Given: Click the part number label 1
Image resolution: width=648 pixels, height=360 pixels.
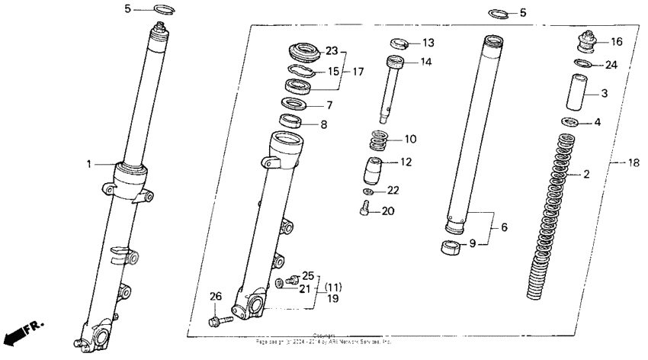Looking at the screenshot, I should (89, 163).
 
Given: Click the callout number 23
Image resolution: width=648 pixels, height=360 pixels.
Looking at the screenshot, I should (331, 51).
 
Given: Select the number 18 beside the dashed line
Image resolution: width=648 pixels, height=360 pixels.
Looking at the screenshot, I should (632, 163).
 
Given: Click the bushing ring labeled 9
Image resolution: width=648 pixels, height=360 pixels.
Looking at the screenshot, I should (452, 247).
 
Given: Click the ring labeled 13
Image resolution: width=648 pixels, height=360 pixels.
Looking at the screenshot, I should (398, 41).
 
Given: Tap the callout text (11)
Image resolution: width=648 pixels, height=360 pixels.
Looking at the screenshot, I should (334, 288).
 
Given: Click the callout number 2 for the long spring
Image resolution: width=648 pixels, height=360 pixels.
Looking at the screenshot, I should (585, 175).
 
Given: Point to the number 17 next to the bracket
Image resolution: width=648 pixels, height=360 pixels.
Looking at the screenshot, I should (357, 71).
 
